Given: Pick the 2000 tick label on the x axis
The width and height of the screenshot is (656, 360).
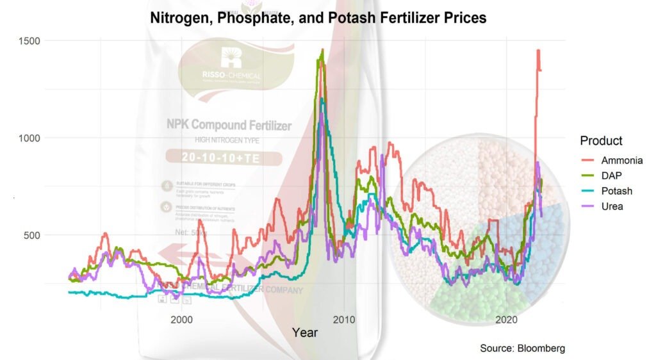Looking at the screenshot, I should (182, 319).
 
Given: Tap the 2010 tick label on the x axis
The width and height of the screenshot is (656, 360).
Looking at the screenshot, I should (344, 319).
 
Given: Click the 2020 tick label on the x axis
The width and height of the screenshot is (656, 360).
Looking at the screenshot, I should (507, 319).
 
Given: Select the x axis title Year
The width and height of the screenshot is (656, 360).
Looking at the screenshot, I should (304, 332).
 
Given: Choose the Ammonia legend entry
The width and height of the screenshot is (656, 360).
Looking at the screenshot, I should (621, 161).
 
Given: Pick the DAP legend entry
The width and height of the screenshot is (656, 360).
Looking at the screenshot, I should (612, 176).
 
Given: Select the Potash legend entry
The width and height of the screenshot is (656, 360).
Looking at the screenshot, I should (617, 191).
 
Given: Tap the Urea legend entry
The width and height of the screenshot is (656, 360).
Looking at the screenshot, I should (612, 206).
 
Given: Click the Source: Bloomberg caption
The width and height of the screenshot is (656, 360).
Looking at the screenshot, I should (522, 348).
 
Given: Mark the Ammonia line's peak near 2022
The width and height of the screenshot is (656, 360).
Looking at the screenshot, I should (538, 51).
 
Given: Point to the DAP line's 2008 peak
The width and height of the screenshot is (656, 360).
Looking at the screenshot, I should (322, 50).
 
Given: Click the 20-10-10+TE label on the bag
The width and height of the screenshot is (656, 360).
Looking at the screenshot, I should (215, 157).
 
